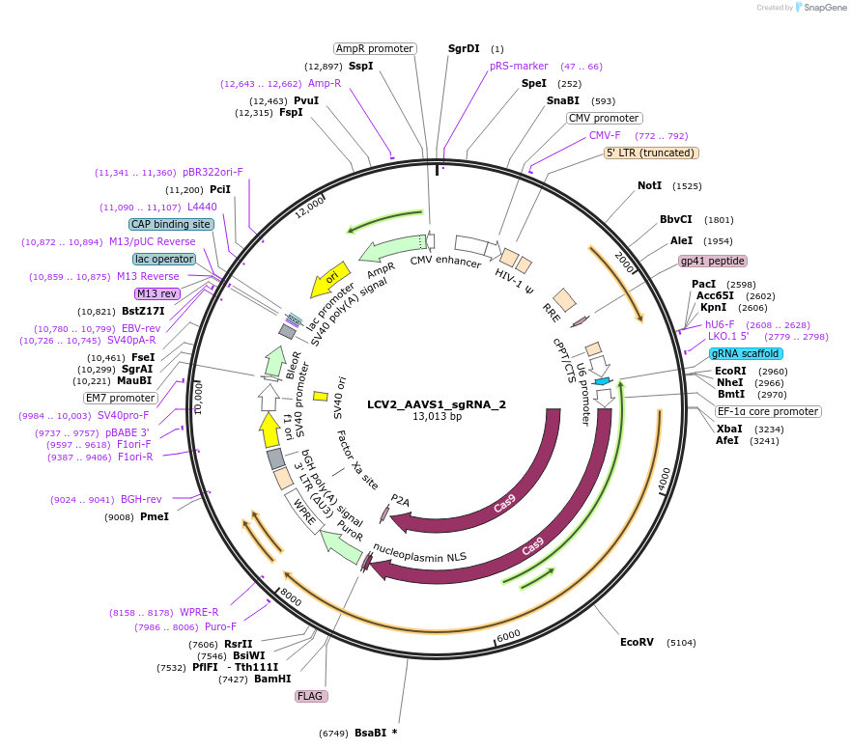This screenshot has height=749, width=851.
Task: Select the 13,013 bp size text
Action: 437,417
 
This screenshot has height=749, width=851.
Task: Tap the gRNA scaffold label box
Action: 746,354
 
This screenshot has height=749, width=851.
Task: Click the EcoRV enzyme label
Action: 637,642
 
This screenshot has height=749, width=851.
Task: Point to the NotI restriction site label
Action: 650,185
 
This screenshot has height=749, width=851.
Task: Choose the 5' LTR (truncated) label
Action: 651,153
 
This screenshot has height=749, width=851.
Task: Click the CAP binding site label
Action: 171,224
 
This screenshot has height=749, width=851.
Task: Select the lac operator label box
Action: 164,259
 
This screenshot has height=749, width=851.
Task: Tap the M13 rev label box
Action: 156,293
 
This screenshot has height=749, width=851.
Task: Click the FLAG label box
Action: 311,696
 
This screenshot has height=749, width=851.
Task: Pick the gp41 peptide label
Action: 713,261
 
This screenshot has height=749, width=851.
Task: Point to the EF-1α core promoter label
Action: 768,411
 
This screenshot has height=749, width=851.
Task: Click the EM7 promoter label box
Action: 120,398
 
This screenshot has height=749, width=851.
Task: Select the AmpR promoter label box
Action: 375,48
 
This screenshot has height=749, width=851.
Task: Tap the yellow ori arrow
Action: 327,279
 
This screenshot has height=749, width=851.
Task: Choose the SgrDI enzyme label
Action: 464,48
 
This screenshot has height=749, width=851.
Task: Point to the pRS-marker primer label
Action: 519,67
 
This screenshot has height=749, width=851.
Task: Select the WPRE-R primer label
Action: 199,612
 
